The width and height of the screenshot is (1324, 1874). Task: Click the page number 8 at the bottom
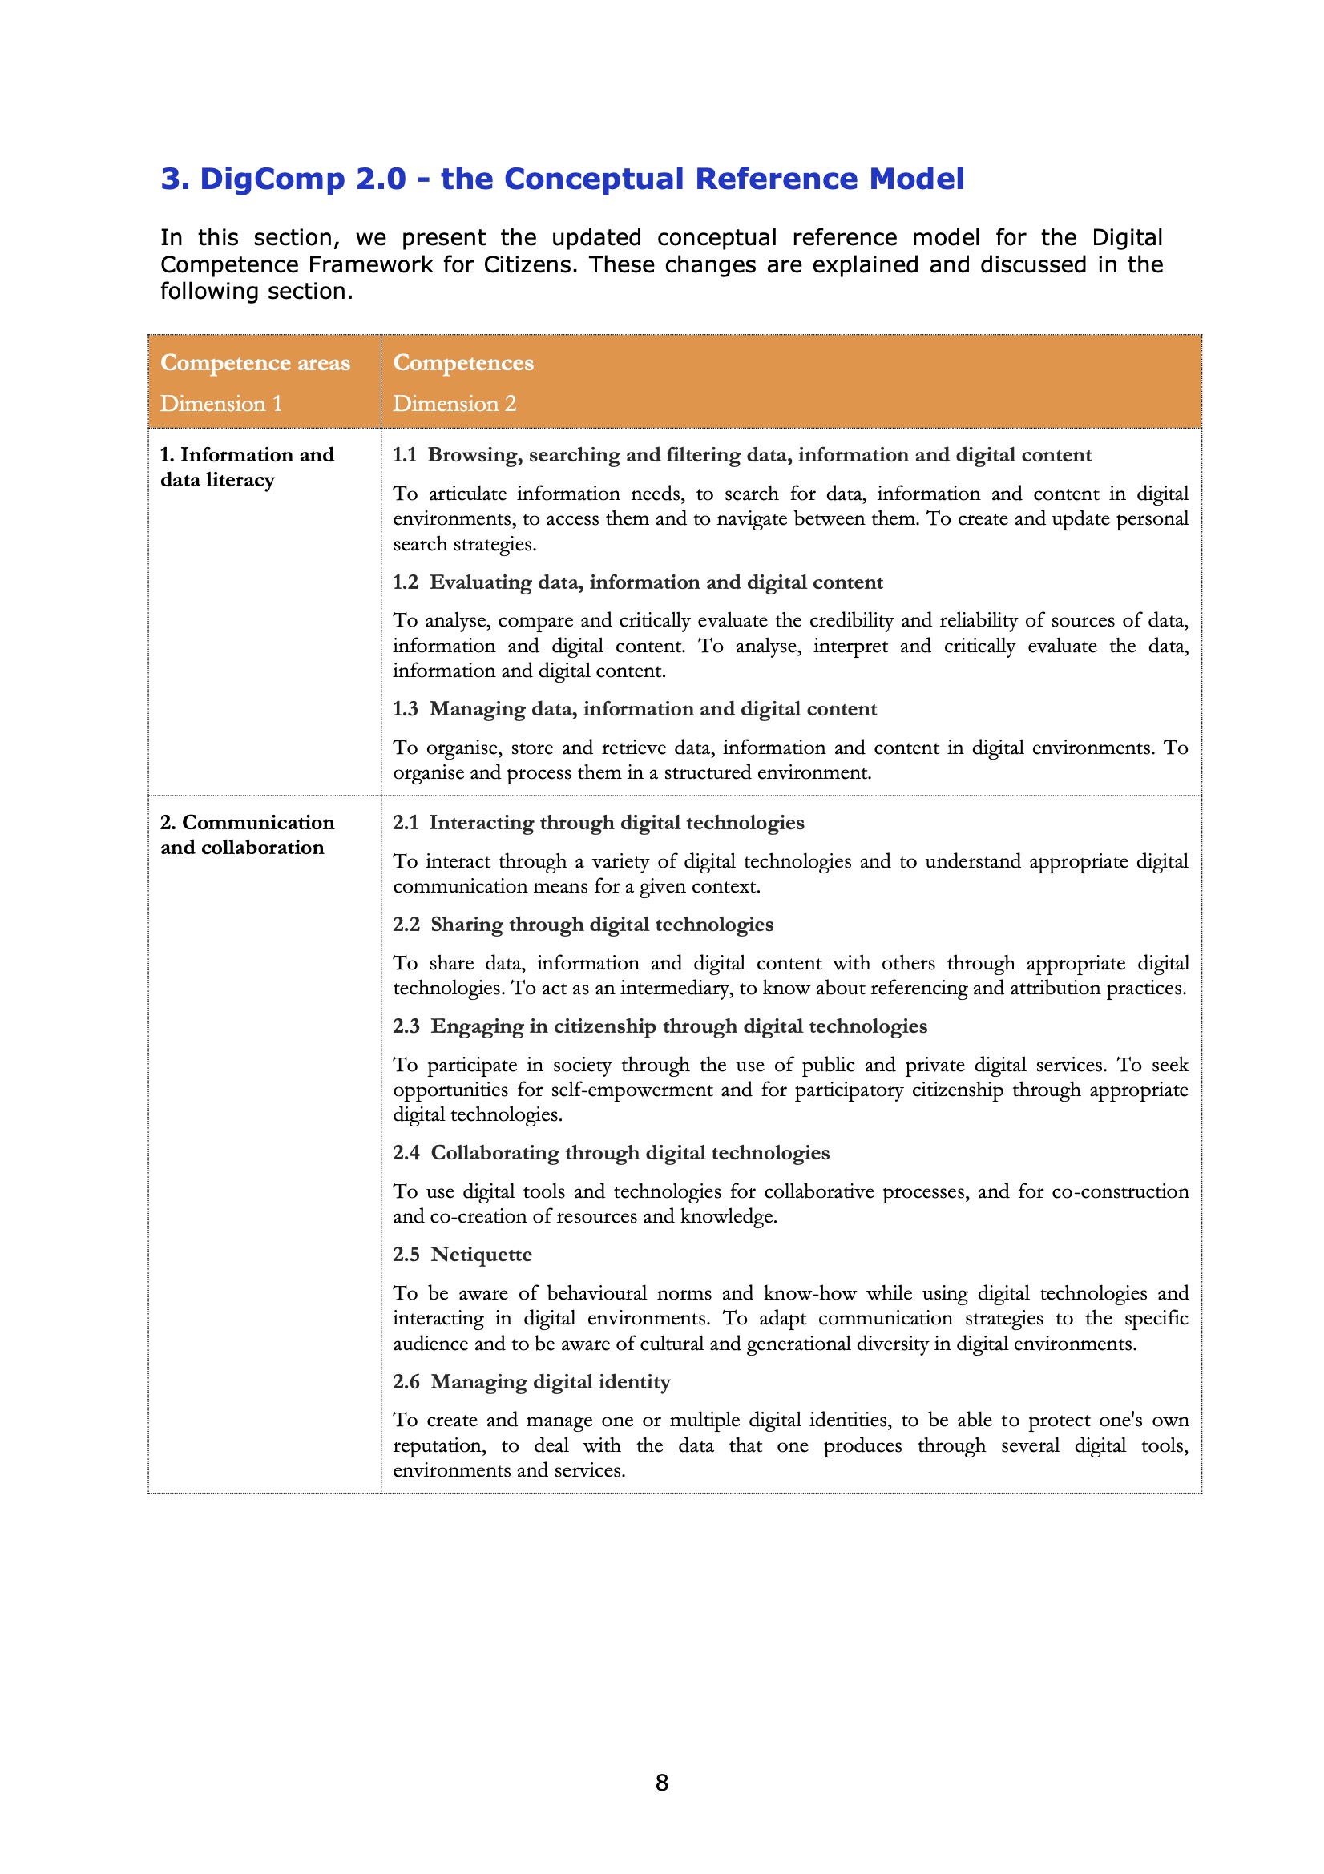[x=661, y=1783]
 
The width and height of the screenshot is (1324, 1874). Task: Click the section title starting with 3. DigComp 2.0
[x=562, y=179]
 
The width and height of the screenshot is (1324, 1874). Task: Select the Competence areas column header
[x=255, y=362]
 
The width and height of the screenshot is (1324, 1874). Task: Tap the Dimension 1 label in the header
[x=220, y=403]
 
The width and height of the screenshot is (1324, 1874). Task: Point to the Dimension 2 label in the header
[x=454, y=403]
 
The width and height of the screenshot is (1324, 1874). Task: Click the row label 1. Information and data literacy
[x=247, y=467]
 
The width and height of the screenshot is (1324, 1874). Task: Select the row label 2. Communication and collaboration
[x=247, y=834]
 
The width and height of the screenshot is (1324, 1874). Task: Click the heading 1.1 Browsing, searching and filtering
[x=741, y=454]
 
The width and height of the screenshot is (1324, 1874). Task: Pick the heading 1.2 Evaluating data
[x=636, y=582]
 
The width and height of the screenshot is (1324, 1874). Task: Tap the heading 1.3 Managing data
[x=634, y=708]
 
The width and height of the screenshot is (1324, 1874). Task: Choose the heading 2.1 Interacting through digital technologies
[x=598, y=822]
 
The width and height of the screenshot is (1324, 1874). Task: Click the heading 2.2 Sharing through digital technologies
[x=583, y=924]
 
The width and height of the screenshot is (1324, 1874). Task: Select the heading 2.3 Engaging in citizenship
[x=660, y=1026]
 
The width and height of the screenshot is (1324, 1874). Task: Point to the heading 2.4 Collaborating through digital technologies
[x=611, y=1152]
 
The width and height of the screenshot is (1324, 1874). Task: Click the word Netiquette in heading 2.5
[x=481, y=1255]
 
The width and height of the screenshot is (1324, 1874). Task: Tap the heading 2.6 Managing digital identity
[x=531, y=1382]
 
